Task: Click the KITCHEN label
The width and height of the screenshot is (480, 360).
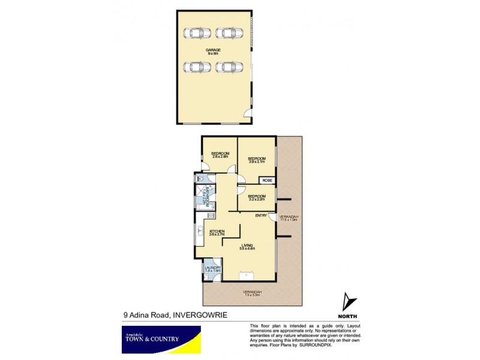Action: tap(217, 233)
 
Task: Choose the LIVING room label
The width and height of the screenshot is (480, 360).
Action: tap(247, 247)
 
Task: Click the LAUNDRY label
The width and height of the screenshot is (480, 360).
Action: tap(213, 269)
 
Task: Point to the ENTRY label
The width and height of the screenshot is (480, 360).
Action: tap(261, 215)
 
